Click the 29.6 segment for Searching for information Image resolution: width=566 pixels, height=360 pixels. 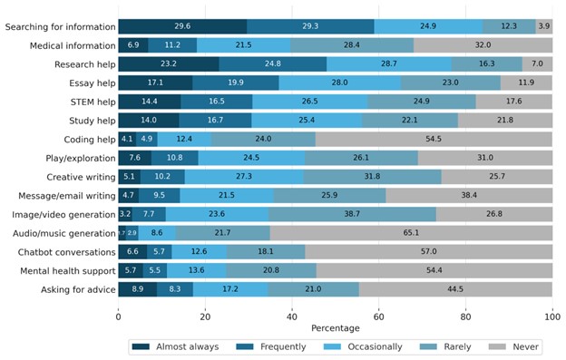(182, 27)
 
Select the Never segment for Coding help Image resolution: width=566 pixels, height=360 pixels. (434, 140)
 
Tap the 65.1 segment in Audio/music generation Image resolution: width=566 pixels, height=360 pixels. (411, 233)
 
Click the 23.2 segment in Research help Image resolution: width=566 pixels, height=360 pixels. (169, 64)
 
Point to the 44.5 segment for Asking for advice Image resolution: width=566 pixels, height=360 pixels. (455, 289)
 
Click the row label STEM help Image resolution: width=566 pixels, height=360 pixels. (89, 102)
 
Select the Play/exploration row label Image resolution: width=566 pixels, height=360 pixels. (77, 158)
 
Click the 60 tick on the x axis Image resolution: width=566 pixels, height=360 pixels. (379, 314)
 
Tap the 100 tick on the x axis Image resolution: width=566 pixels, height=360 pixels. (552, 314)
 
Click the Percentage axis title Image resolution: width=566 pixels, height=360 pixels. (335, 327)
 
